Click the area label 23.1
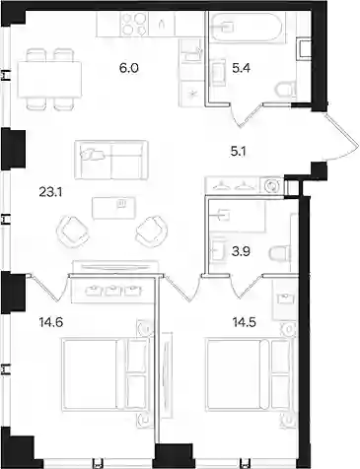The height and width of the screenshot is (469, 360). point(50,192)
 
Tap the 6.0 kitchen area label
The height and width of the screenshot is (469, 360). point(129,68)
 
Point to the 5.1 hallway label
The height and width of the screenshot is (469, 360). point(239,152)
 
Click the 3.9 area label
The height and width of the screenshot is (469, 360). point(241,252)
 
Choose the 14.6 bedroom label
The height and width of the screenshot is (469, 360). point(50,322)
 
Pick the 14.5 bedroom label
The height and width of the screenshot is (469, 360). point(244,322)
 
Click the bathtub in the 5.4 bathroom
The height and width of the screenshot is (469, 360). point(246,28)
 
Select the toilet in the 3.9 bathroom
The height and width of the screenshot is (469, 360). point(281,253)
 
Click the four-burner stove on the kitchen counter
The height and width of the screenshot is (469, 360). point(134,24)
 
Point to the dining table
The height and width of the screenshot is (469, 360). point(49,80)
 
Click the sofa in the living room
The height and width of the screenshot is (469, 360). point(111,161)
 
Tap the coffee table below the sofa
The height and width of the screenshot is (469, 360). point(113,208)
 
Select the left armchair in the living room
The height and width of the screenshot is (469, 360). point(73,231)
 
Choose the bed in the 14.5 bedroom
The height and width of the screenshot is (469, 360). point(249,375)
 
